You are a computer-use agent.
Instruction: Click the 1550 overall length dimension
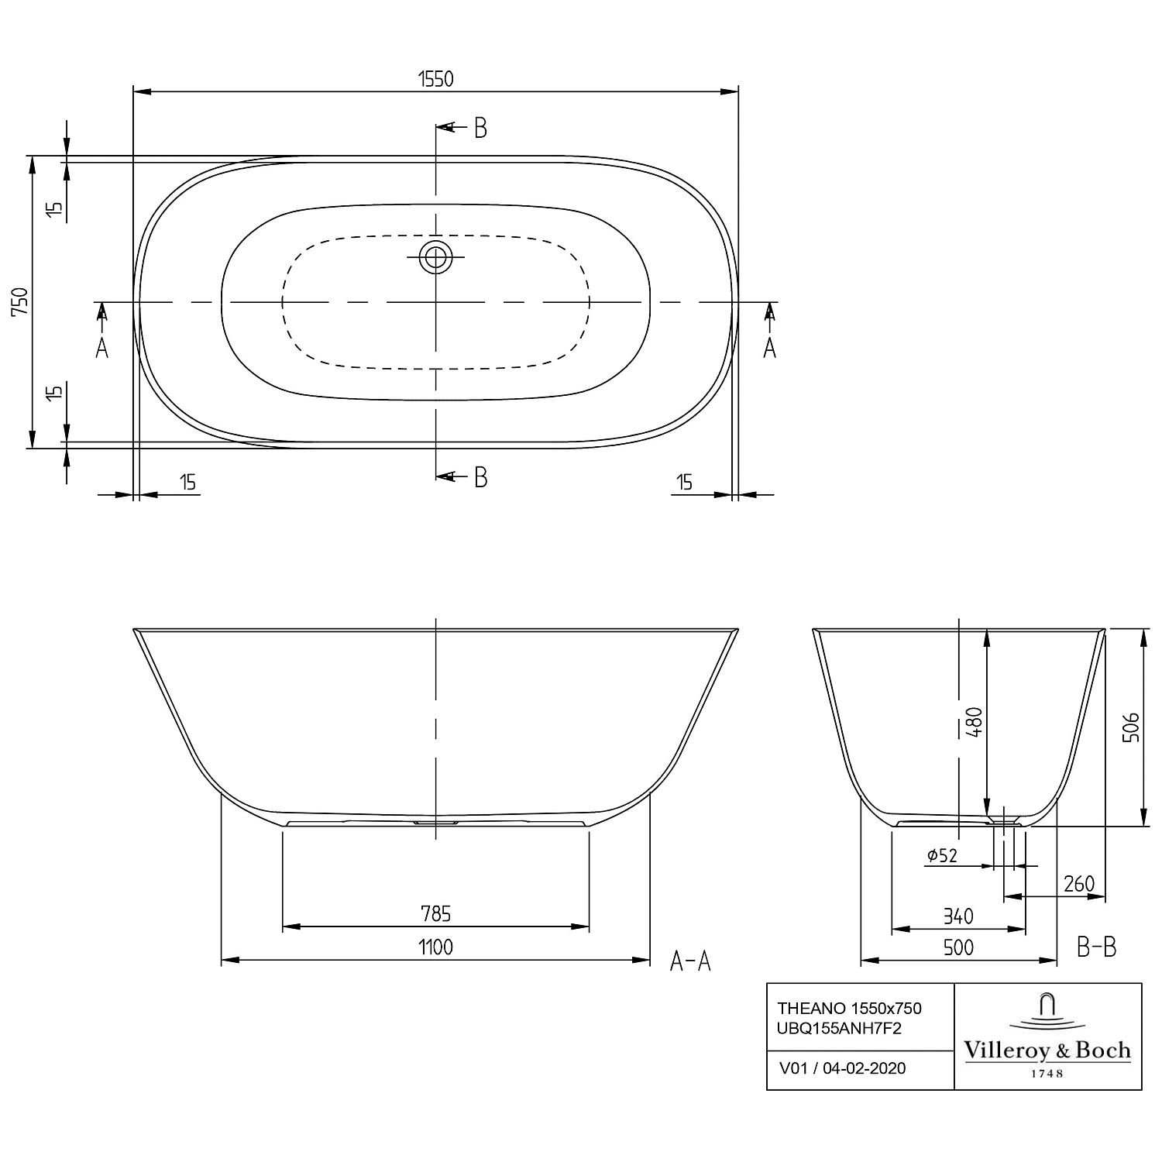[435, 78]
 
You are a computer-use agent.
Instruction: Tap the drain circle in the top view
[435, 256]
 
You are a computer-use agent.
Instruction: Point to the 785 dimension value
[436, 914]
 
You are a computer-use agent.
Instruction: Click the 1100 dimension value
[436, 947]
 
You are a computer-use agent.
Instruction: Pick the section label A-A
[690, 961]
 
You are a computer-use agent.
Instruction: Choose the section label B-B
[1097, 946]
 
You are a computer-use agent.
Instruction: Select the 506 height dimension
[1131, 727]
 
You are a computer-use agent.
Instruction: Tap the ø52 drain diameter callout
[942, 855]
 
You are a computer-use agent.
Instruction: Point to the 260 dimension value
[1079, 883]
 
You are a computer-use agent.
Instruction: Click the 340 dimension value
[958, 916]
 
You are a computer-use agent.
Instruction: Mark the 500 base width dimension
[958, 947]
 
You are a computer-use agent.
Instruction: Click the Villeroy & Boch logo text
[1047, 1050]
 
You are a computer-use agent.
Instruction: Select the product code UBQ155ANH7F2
[840, 1029]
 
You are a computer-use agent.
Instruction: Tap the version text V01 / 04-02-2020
[842, 1068]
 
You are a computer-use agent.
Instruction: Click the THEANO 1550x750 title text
[849, 1008]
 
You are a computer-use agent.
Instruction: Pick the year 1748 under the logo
[1047, 1074]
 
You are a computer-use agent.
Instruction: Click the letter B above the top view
[480, 129]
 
